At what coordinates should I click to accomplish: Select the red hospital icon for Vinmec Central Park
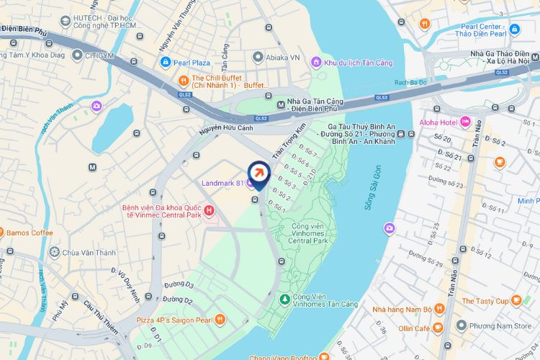tap(209, 210)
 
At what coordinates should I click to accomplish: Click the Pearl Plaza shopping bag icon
tap(166, 63)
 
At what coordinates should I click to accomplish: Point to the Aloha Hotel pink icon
tap(465, 121)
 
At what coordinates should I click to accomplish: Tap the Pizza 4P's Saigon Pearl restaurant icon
tap(220, 319)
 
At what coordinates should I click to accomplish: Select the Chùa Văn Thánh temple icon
tap(55, 252)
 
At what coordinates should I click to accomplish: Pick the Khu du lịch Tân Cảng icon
tap(316, 63)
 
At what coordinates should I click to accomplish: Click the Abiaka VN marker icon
tap(257, 56)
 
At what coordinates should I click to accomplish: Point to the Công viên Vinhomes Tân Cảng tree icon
tap(284, 298)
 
